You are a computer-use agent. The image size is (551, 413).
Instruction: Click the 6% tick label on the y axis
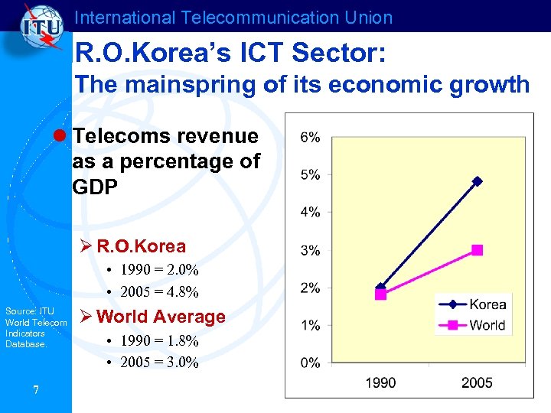coord(310,137)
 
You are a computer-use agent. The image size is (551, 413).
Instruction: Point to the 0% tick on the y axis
coord(310,363)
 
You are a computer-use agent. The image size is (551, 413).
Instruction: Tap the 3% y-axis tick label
coord(310,250)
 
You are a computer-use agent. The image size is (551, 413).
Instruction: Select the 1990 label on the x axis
coord(380,382)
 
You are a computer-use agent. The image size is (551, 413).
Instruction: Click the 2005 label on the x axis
coord(477,382)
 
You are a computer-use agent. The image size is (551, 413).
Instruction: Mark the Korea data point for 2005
coord(478,181)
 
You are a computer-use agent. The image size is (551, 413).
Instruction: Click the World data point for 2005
coord(478,249)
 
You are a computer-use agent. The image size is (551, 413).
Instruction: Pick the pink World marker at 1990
coord(380,294)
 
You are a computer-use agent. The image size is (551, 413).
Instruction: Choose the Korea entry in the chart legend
coord(487,305)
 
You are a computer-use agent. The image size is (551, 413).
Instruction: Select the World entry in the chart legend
coord(487,324)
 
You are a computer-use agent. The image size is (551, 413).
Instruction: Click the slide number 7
coord(35,391)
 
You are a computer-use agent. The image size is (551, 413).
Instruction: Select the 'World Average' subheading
coord(161,317)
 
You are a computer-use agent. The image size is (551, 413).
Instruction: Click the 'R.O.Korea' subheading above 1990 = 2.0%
coord(141,246)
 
